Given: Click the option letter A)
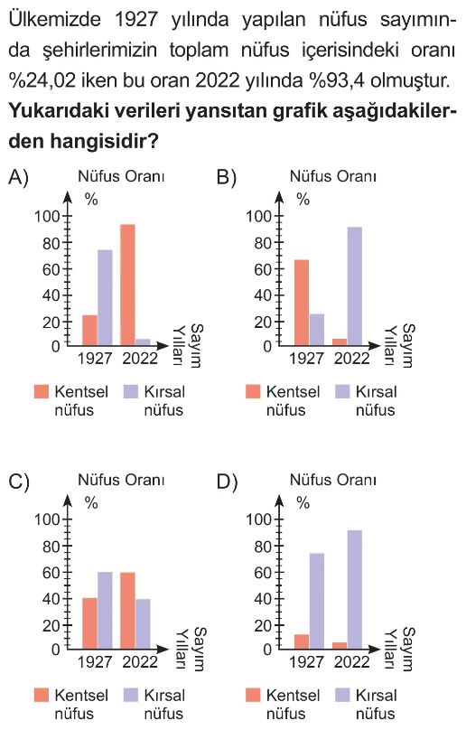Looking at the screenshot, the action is (x=18, y=177).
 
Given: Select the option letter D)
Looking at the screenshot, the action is (x=228, y=482).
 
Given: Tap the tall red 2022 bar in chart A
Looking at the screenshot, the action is (x=127, y=285).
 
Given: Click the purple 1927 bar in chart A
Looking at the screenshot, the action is (x=105, y=297).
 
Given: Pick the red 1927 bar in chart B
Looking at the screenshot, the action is (x=302, y=303).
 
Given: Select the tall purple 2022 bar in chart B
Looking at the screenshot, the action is (x=354, y=286).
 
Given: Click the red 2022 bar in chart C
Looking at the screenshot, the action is (x=127, y=611).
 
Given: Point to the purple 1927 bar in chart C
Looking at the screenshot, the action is (x=105, y=611).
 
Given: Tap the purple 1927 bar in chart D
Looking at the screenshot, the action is (x=317, y=601).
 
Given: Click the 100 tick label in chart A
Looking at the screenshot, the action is (x=47, y=216).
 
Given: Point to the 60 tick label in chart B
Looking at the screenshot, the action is (x=263, y=269).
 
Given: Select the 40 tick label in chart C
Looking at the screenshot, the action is (x=51, y=599).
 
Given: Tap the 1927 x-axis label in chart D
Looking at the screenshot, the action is (x=307, y=661).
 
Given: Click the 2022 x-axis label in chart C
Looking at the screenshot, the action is (x=140, y=661).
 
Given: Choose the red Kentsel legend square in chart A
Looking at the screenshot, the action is (x=42, y=391).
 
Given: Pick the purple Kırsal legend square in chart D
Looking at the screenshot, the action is (x=342, y=695).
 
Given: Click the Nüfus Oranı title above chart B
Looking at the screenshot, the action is (x=333, y=176).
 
